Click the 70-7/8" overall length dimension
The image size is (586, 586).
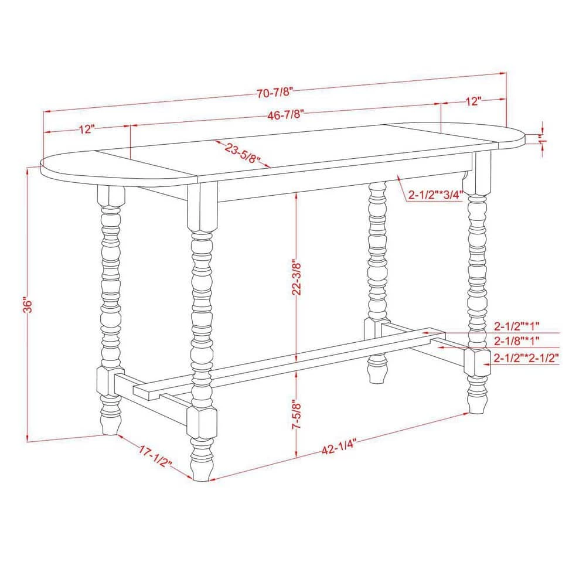pyautogui.click(x=274, y=91)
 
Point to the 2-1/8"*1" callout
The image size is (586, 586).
pyautogui.click(x=516, y=340)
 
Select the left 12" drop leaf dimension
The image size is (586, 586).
pyautogui.click(x=86, y=129)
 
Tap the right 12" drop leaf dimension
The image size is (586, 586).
pyautogui.click(x=473, y=101)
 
